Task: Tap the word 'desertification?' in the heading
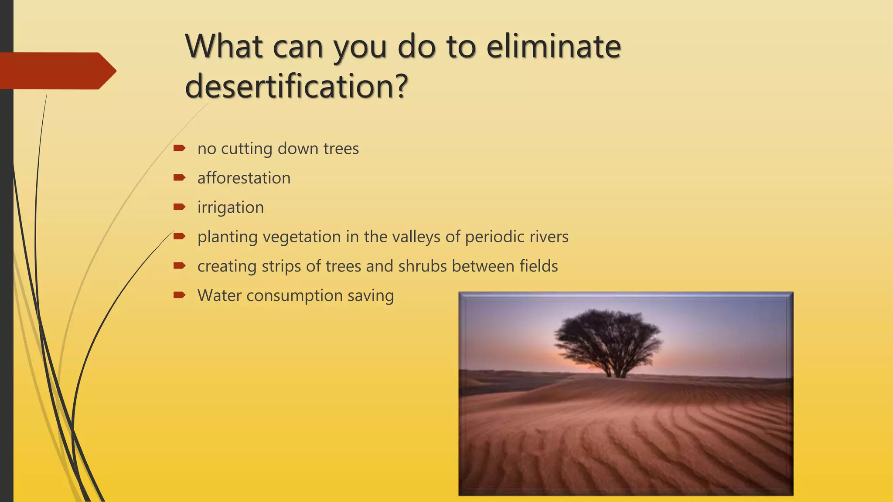coord(297,86)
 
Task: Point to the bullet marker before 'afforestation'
coord(179,177)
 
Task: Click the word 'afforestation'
coord(244,178)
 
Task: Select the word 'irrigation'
coord(230,207)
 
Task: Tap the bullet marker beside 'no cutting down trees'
coord(179,148)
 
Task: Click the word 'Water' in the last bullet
coord(219,295)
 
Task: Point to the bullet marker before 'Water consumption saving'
coord(179,295)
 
